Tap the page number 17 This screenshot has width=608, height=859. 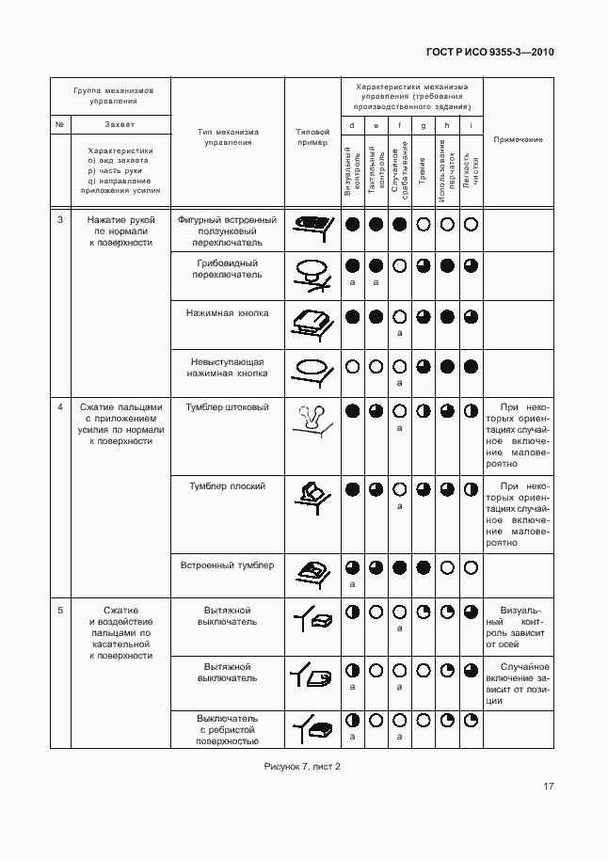547,787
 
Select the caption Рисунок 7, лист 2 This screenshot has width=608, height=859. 302,766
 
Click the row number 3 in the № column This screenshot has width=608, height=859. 60,219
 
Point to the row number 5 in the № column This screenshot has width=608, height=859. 60,611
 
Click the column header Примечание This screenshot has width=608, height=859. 518,140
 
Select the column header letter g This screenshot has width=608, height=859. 424,125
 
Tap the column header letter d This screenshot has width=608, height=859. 352,125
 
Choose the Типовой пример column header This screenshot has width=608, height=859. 312,138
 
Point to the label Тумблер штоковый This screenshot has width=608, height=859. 227,407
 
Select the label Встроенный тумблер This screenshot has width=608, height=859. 227,565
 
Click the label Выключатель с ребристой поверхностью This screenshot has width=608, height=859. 227,729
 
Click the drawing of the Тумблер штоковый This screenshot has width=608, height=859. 312,419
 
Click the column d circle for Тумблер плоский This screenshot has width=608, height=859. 352,489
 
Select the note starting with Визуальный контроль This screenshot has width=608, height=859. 518,628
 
